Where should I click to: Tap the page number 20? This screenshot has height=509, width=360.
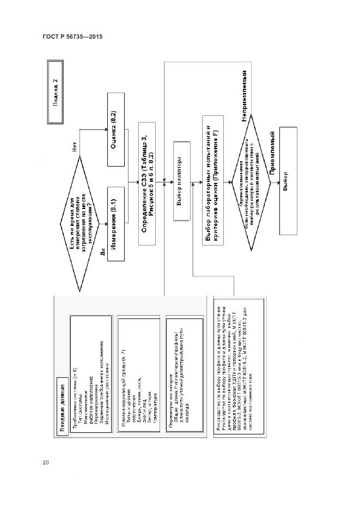(x=46, y=463)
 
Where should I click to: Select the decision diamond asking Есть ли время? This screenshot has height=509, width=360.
(x=81, y=222)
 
